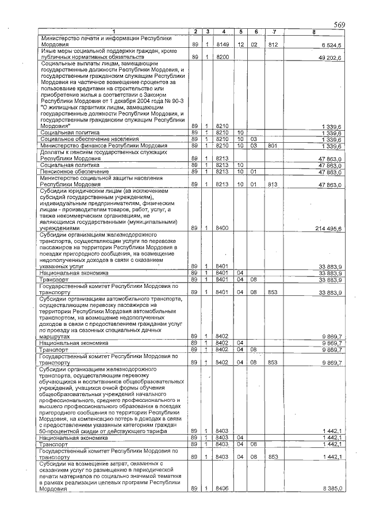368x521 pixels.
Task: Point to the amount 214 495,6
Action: [x=329, y=229]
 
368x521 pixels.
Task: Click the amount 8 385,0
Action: [x=332, y=488]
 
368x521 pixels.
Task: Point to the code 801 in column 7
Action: [x=273, y=146]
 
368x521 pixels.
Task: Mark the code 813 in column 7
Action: [x=273, y=185]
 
